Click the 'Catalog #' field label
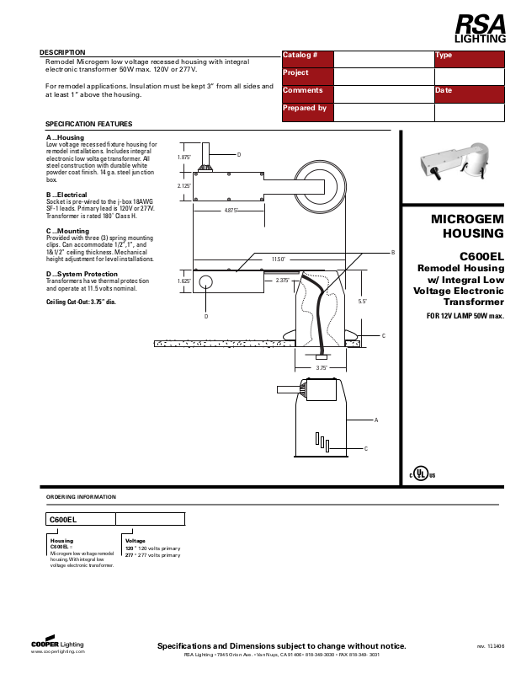tap(300, 55)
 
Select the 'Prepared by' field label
tap(305, 108)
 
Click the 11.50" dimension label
tap(279, 259)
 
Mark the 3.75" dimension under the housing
tap(321, 368)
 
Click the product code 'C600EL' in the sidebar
tap(481, 256)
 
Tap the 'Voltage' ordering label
tap(135, 541)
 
